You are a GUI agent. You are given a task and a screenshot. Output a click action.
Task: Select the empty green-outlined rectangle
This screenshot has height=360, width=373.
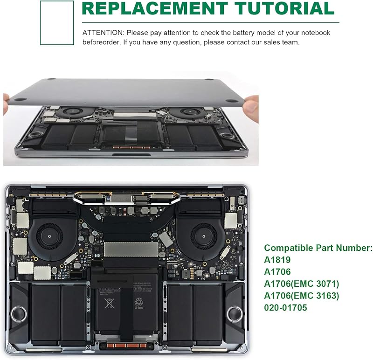point(57,22)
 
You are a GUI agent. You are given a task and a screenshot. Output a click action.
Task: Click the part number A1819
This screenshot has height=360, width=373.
point(277,260)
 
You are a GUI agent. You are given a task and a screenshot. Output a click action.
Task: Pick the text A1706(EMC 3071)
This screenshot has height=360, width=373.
point(302,284)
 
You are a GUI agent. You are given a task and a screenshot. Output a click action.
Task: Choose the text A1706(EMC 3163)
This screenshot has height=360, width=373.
point(302,296)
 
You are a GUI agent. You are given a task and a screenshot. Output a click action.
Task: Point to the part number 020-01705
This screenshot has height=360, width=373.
point(285,308)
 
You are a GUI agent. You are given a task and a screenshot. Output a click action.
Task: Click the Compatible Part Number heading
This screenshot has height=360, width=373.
point(318,248)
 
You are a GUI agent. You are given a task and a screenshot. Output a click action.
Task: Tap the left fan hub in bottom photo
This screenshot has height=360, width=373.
point(49,236)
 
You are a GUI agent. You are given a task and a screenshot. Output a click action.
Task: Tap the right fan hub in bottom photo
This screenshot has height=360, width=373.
point(204,236)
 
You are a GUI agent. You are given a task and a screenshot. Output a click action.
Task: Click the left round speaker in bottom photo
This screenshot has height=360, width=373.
point(19,314)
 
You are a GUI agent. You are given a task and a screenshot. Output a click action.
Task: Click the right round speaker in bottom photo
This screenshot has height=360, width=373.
point(235,314)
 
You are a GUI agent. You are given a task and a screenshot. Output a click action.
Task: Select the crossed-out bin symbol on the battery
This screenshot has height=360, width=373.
point(109,304)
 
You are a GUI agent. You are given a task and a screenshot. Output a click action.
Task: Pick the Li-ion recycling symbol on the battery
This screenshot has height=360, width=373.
point(138,304)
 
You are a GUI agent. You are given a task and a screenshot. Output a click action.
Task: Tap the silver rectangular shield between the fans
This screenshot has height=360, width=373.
point(131,249)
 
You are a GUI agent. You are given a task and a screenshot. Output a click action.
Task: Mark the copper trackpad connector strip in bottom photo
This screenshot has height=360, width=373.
point(126,346)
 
